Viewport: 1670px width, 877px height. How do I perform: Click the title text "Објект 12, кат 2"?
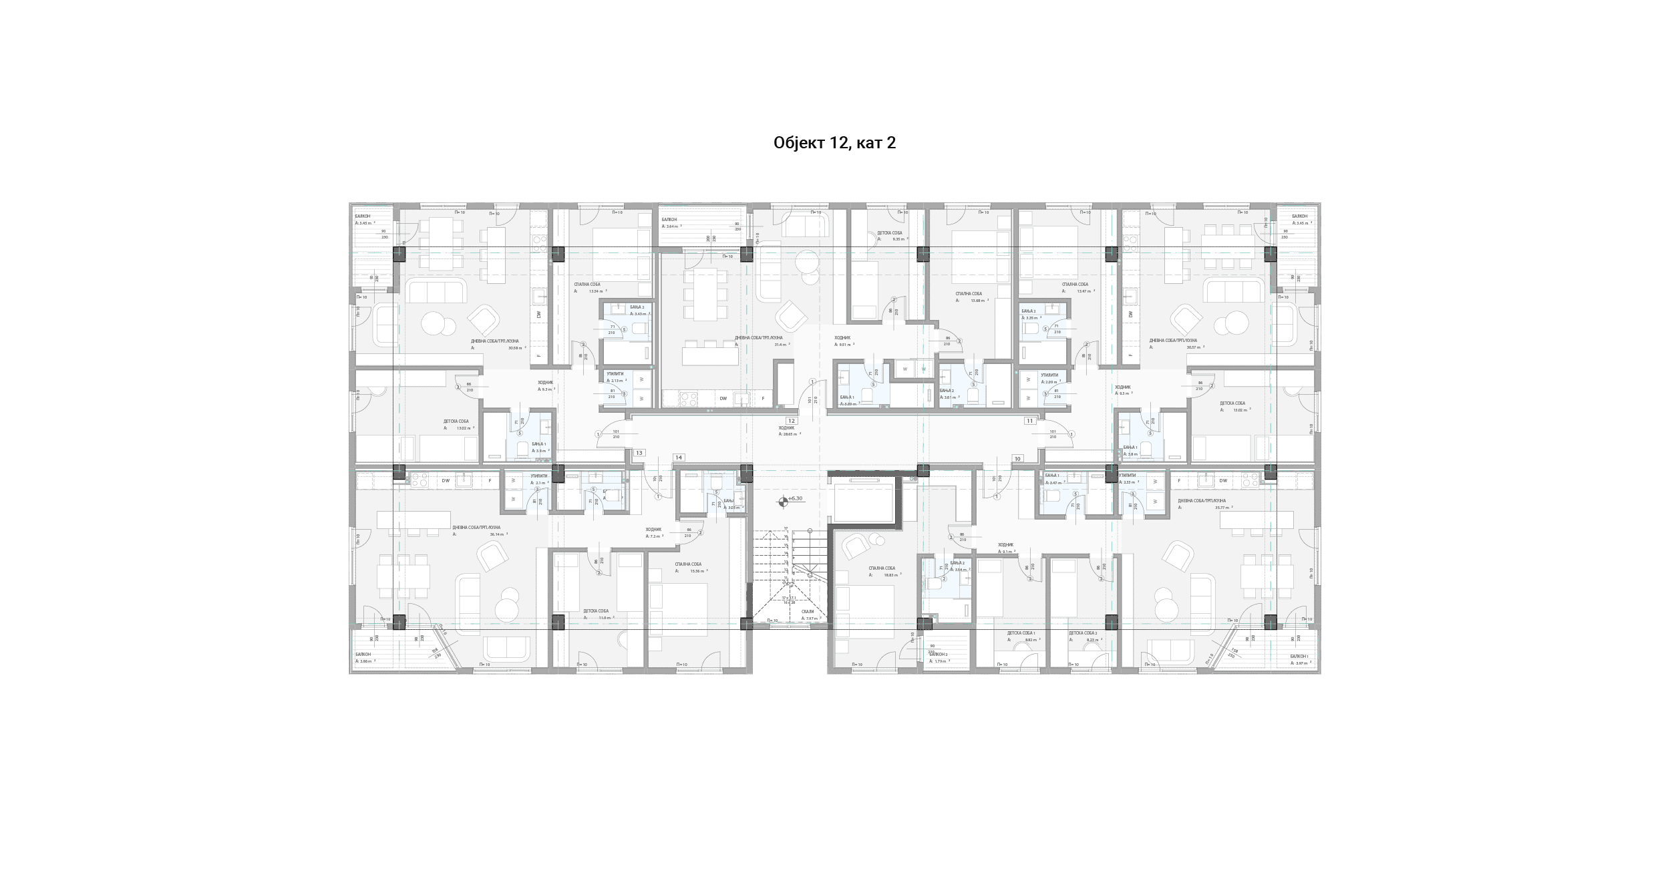834,143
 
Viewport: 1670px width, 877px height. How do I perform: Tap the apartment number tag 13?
639,453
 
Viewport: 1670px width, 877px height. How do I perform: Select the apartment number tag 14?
679,458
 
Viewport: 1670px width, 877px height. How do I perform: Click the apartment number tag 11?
1030,421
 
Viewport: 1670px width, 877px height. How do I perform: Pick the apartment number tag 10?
1017,459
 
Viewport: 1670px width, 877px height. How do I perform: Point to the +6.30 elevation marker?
795,498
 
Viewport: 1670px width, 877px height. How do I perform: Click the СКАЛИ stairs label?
807,611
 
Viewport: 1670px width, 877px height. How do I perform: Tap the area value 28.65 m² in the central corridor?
790,434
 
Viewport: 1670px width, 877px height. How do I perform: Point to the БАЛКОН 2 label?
938,654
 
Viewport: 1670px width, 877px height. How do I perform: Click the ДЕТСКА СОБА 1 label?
1021,633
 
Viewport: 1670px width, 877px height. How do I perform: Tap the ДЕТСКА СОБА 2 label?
1082,633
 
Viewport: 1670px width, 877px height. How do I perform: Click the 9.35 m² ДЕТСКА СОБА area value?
899,239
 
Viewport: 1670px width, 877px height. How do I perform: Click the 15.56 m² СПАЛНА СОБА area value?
699,571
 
